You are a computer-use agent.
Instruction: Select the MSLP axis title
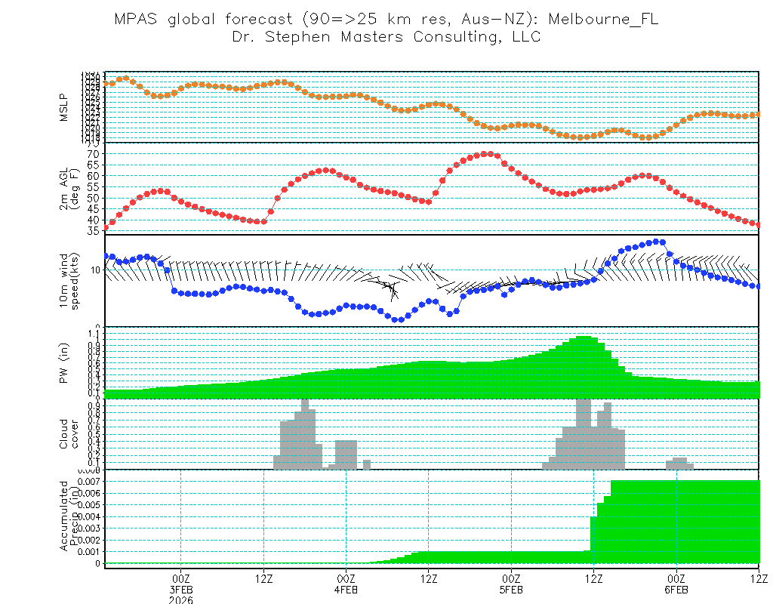[x=65, y=107]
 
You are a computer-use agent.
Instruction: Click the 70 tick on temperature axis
[x=92, y=154]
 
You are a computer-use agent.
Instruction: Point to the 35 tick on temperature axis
[x=92, y=230]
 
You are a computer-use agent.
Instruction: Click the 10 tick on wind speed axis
[x=96, y=270]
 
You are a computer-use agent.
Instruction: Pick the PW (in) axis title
[x=65, y=363]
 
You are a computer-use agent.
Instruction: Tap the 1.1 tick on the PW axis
[x=94, y=332]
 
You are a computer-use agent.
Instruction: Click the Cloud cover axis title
[x=69, y=434]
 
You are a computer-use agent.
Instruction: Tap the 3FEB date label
[x=180, y=589]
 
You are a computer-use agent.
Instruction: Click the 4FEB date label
[x=346, y=589]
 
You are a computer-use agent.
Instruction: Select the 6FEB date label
[x=676, y=589]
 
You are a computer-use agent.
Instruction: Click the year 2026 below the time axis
[x=180, y=599]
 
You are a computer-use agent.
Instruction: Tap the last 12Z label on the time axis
[x=758, y=578]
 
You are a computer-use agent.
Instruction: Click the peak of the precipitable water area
[x=583, y=337]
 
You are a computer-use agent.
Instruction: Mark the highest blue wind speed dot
[x=656, y=242]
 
